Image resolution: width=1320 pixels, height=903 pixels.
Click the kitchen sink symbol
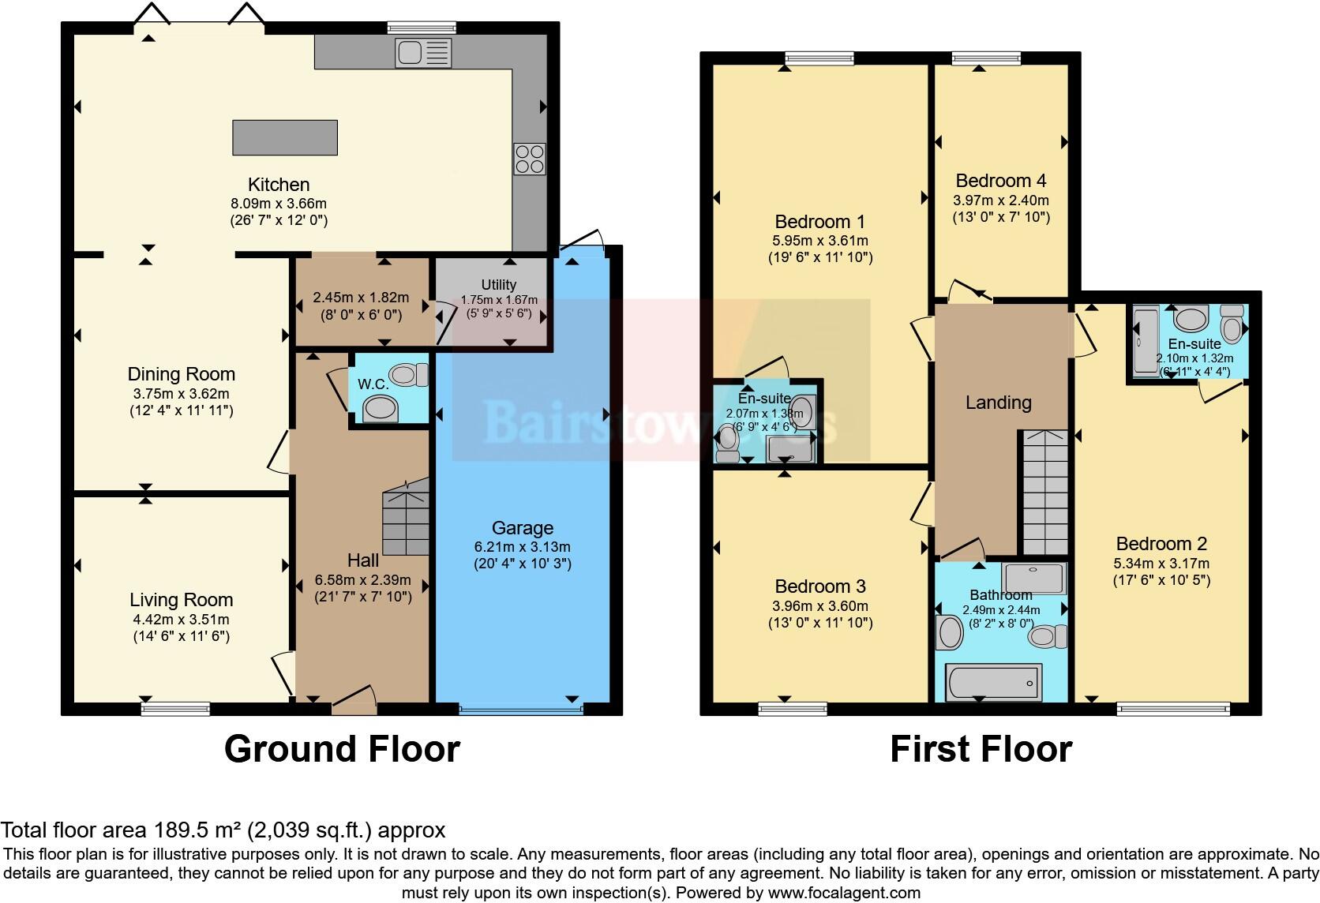424,54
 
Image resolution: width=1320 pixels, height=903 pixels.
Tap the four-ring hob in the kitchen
529,158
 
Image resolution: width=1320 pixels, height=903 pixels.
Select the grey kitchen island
284,137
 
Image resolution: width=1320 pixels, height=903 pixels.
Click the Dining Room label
182,374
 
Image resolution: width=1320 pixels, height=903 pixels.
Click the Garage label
522,528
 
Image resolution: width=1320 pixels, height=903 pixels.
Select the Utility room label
498,285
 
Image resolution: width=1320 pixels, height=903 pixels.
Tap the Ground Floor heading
342,748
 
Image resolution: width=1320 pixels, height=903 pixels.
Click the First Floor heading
981,748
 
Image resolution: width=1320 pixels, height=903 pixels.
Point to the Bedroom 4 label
1001,181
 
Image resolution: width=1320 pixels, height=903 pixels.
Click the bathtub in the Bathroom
993,682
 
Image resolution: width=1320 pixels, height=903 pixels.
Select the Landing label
998,403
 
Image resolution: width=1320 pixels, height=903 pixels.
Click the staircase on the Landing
1045,493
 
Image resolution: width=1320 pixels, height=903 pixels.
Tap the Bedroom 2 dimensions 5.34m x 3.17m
1161,564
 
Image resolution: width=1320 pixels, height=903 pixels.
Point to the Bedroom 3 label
819,586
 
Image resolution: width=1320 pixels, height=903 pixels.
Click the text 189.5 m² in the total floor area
197,830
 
